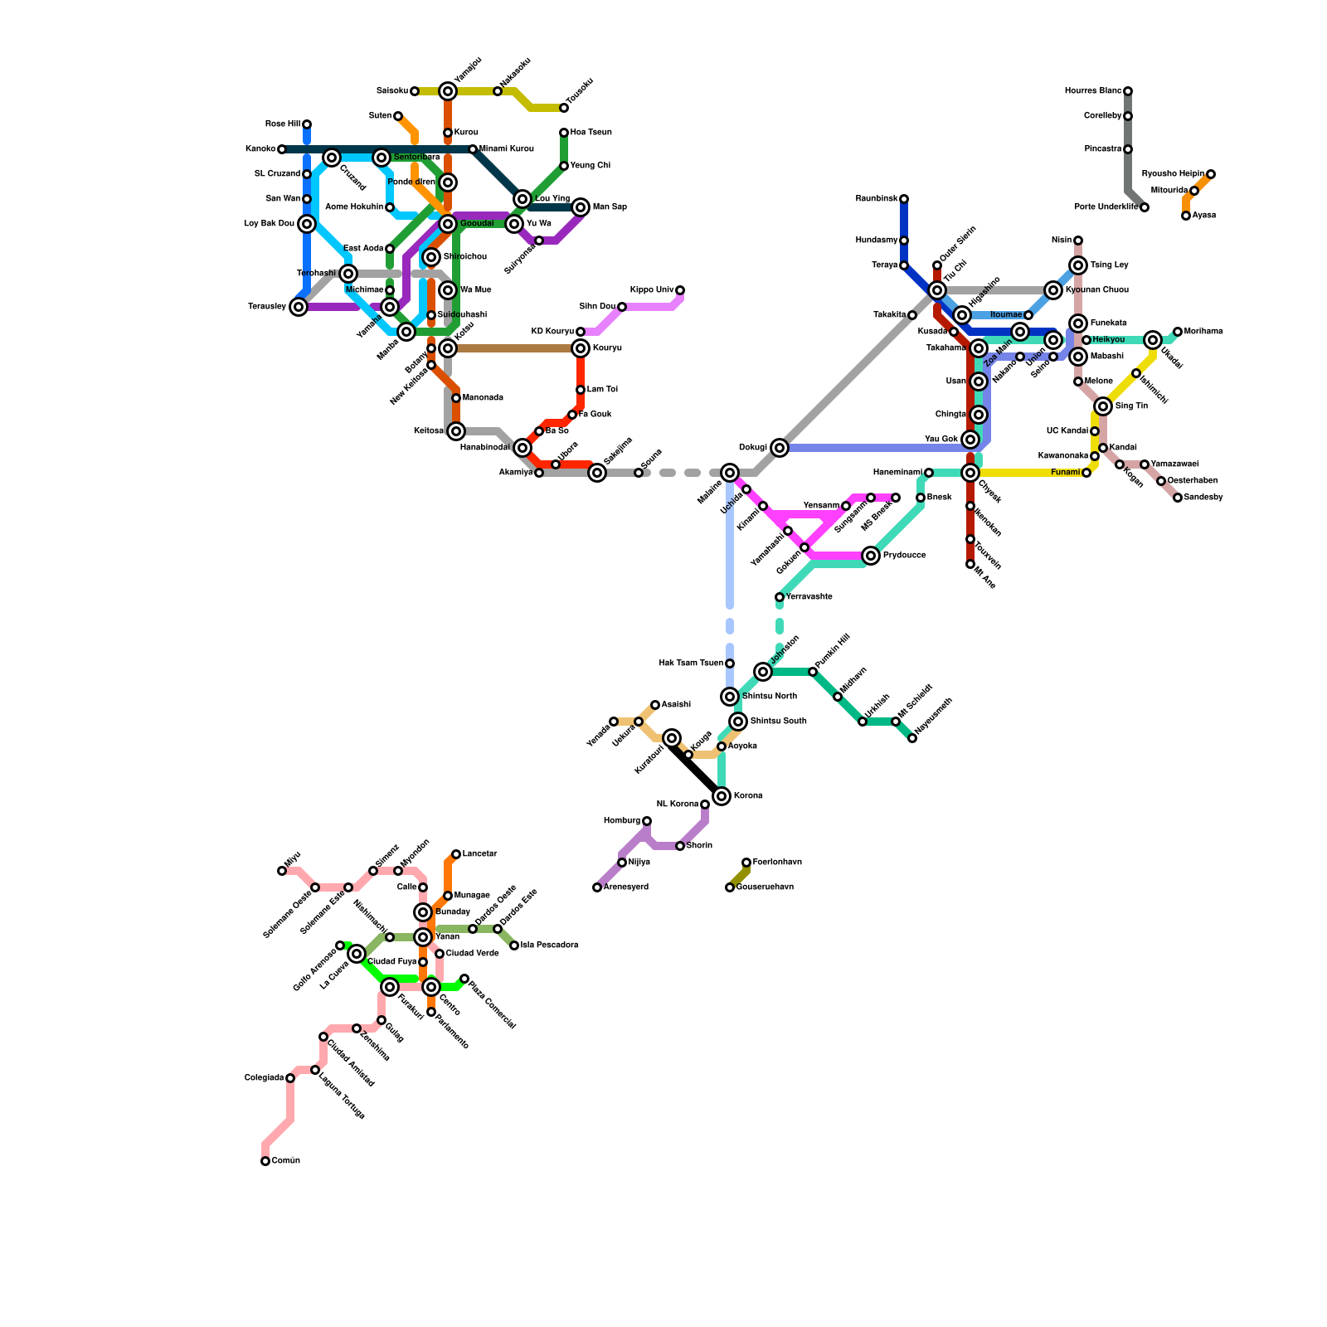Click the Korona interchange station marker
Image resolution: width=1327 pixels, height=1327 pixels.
click(x=722, y=796)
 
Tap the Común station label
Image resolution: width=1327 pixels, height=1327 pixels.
click(x=285, y=1161)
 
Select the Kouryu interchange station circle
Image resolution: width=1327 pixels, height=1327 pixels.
click(x=581, y=348)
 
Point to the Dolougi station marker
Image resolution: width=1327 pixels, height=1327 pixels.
click(x=779, y=448)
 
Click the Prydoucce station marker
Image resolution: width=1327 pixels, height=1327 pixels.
click(x=871, y=556)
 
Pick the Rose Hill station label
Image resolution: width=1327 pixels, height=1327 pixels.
click(x=282, y=124)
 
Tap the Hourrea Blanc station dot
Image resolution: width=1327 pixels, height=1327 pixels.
click(x=1128, y=91)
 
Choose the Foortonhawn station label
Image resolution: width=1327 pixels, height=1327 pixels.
click(x=777, y=863)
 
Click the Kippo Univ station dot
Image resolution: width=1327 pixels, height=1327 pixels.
click(x=680, y=290)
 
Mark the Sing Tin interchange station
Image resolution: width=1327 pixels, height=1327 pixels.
click(x=1103, y=406)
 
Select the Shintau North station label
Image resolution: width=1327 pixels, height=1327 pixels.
click(x=769, y=697)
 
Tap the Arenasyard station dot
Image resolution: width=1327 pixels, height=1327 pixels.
click(x=597, y=887)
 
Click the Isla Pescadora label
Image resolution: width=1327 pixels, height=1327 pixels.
click(x=549, y=945)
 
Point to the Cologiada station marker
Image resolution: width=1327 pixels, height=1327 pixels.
click(x=290, y=1078)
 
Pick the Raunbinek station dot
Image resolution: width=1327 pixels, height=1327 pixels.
click(x=904, y=199)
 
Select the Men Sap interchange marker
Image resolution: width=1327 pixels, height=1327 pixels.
click(x=581, y=207)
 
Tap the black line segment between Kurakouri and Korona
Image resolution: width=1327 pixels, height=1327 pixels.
click(x=697, y=767)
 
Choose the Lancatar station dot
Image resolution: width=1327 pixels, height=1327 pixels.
click(x=456, y=854)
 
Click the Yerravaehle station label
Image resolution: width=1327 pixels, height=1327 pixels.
click(x=809, y=597)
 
